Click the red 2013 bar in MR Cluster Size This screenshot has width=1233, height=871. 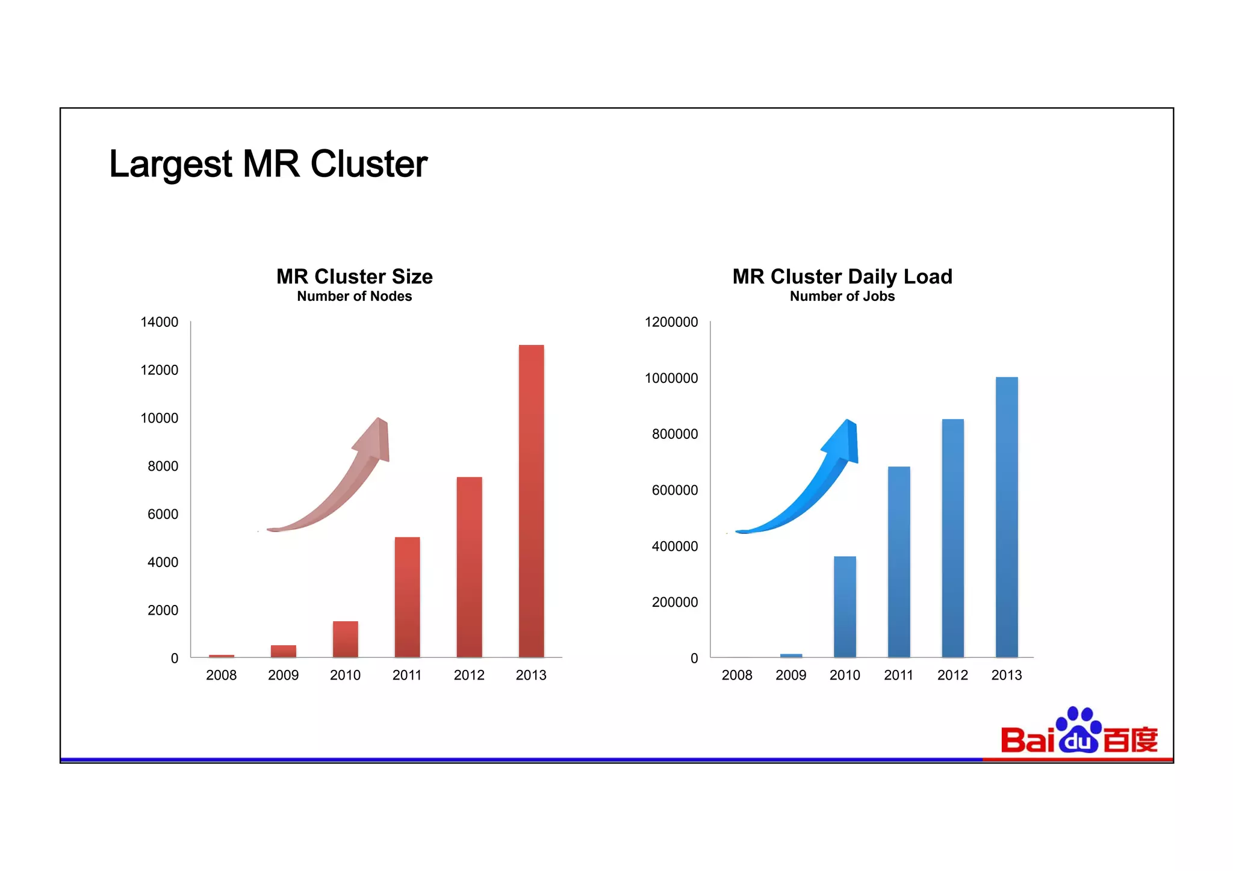[531, 501]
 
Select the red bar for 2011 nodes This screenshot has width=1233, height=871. [407, 597]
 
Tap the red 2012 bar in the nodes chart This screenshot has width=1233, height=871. [469, 566]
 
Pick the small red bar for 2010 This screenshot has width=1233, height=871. [345, 639]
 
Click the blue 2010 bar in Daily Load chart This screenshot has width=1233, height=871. [845, 606]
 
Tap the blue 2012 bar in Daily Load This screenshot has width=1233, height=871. [952, 538]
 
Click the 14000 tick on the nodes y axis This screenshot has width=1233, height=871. [160, 322]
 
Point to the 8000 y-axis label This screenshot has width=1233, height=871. [163, 466]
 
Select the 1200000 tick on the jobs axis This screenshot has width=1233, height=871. [671, 322]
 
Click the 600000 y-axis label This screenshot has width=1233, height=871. [675, 490]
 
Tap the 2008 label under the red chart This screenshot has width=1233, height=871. [221, 675]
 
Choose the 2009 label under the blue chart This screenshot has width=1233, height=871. [790, 675]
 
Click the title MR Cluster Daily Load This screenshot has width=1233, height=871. [842, 276]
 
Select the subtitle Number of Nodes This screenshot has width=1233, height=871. [354, 296]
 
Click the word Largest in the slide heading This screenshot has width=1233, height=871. [170, 164]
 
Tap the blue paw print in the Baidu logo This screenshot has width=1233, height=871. [1078, 730]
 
